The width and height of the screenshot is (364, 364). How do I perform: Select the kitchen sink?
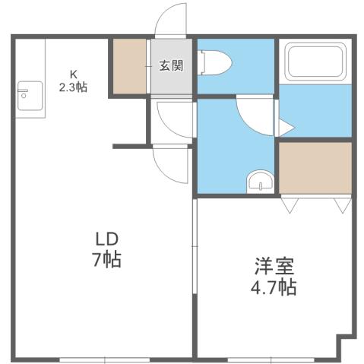(24, 93)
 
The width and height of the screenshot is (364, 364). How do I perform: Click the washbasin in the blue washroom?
(260, 182)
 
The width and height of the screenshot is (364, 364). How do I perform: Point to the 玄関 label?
(171, 65)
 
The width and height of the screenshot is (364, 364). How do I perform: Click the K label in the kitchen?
(74, 74)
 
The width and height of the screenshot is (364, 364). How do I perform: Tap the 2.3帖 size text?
(74, 87)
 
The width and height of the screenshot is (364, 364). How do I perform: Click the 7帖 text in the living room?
(106, 260)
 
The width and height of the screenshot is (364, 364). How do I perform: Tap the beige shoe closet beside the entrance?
(131, 65)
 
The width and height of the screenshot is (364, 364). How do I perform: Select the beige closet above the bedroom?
(315, 169)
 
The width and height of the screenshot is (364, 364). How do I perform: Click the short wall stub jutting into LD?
(130, 144)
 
